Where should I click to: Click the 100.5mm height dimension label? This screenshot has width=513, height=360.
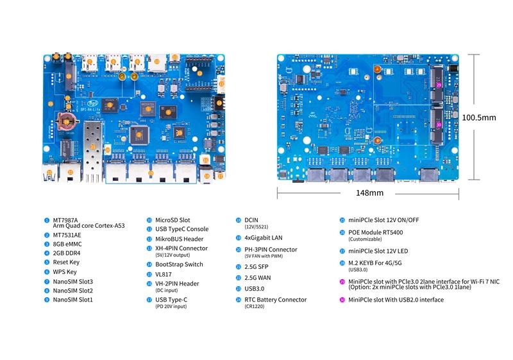[x=479, y=117]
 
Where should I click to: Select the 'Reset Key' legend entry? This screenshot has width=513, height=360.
[x=66, y=262]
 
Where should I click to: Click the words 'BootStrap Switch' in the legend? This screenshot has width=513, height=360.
[x=179, y=264]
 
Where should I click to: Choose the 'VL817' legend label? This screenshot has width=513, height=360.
[x=164, y=273]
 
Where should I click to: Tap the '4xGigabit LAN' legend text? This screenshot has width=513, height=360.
[x=263, y=237]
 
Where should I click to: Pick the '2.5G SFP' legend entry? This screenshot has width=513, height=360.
[x=256, y=266]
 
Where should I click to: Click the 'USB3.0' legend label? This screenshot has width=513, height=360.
[x=255, y=289]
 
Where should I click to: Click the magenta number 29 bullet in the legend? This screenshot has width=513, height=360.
[x=342, y=281]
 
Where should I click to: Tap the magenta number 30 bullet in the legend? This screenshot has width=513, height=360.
[x=342, y=300]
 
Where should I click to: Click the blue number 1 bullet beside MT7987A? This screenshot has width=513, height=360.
[x=47, y=220]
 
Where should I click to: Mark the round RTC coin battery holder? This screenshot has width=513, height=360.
[x=66, y=121]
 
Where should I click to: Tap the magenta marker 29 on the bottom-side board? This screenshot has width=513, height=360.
[x=439, y=85]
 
